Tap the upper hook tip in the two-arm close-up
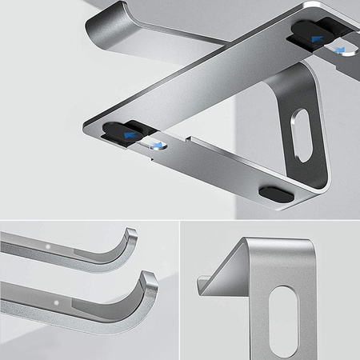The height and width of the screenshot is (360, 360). (x=130, y=234)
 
